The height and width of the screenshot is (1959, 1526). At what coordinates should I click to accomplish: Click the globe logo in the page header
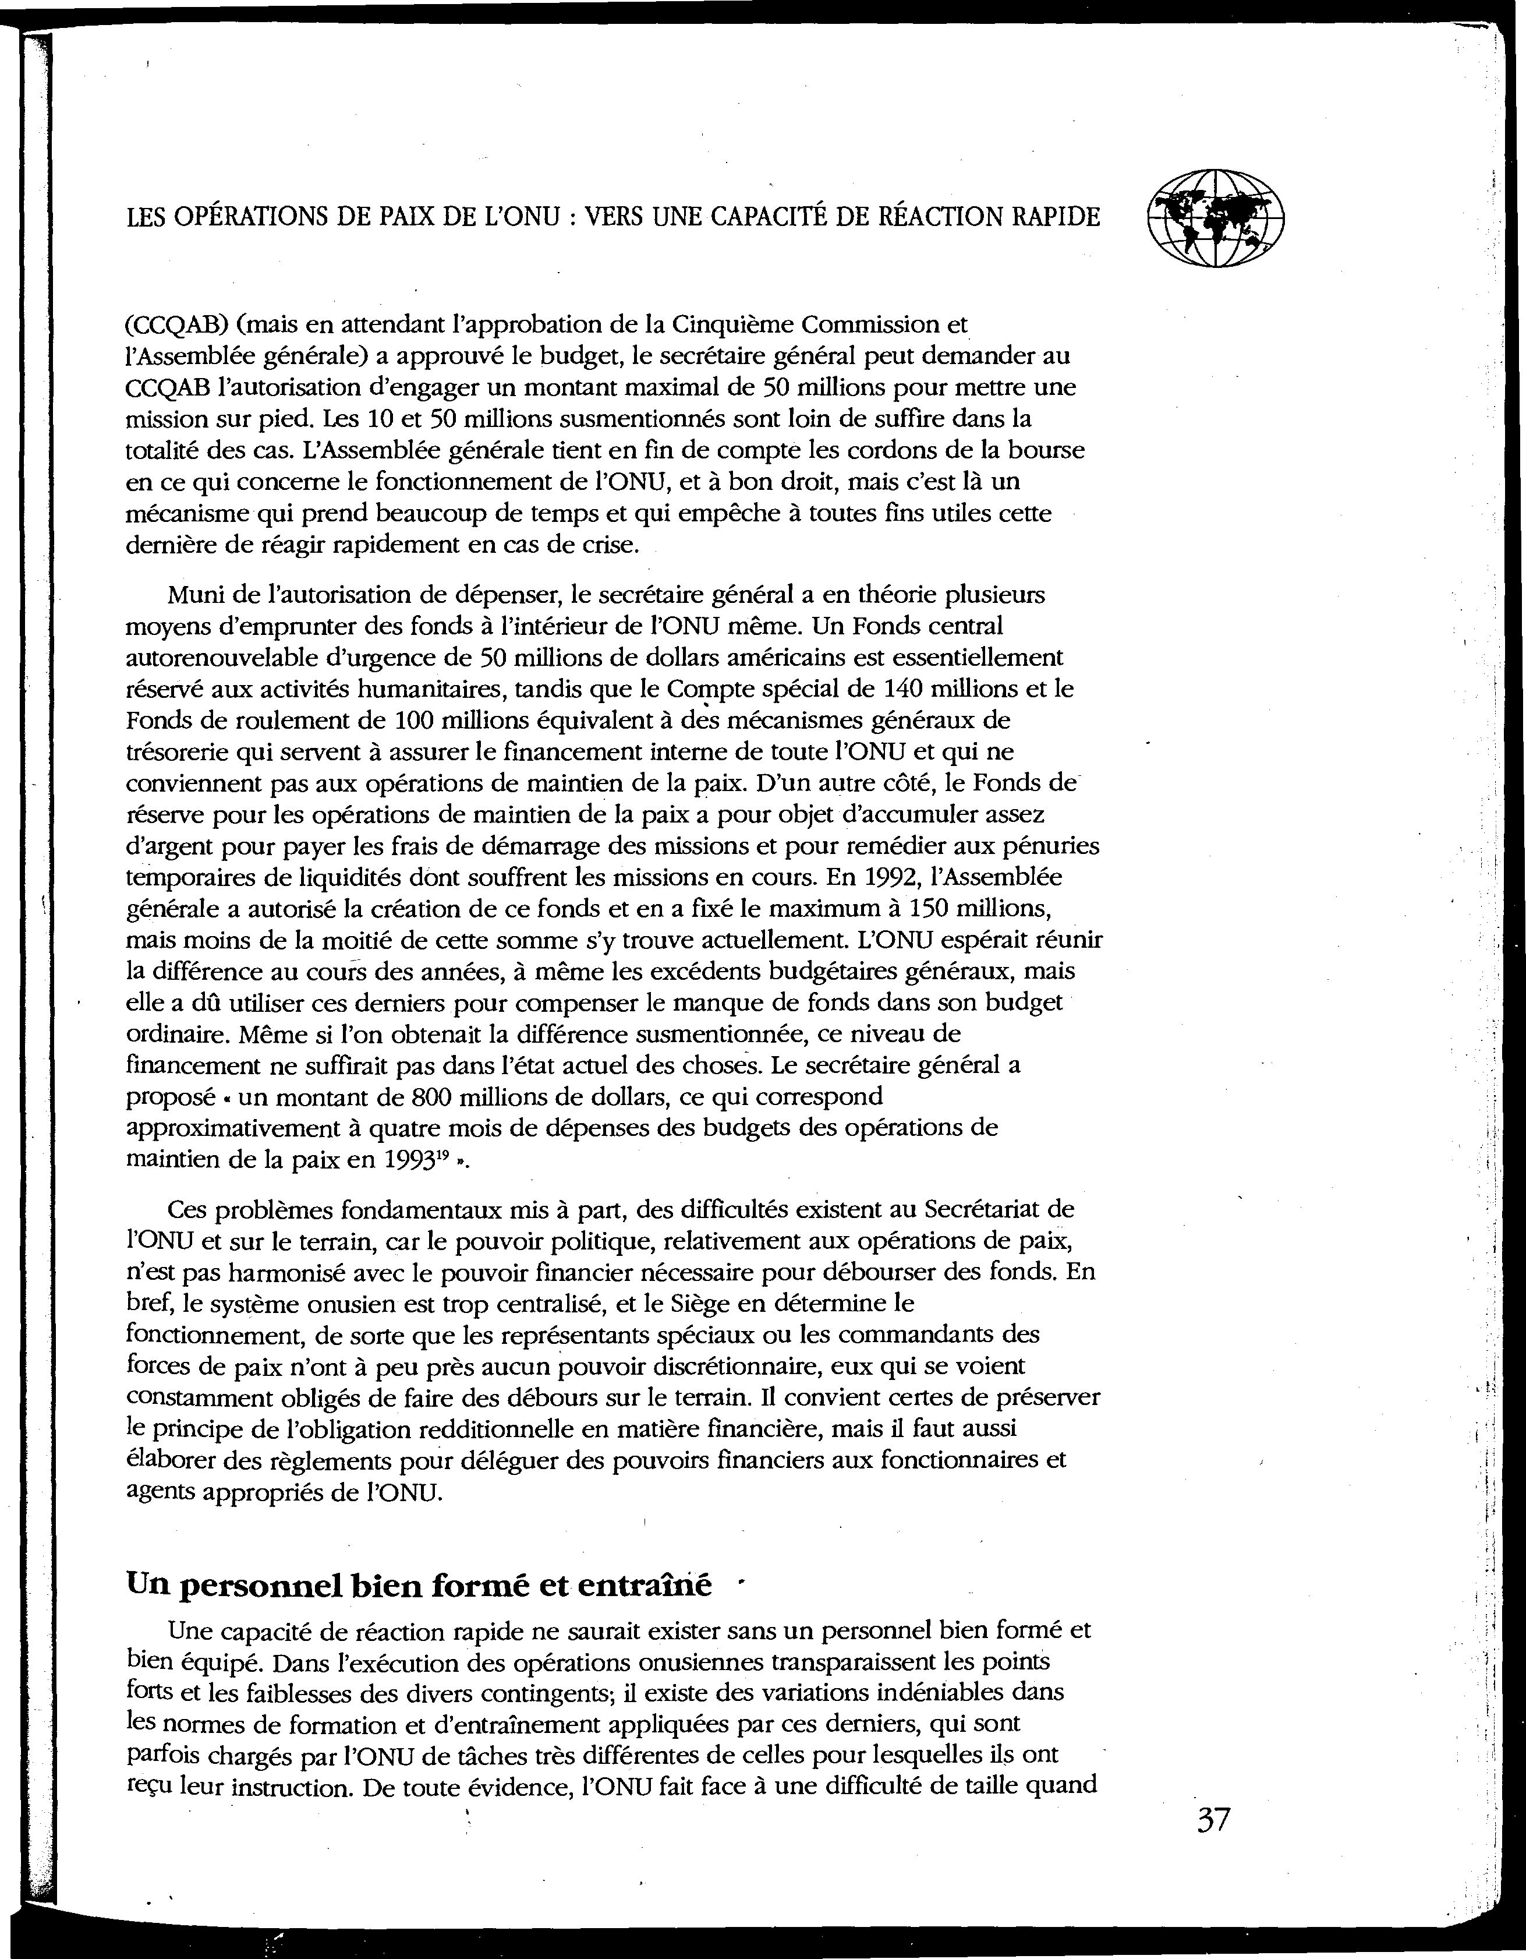click(1215, 218)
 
